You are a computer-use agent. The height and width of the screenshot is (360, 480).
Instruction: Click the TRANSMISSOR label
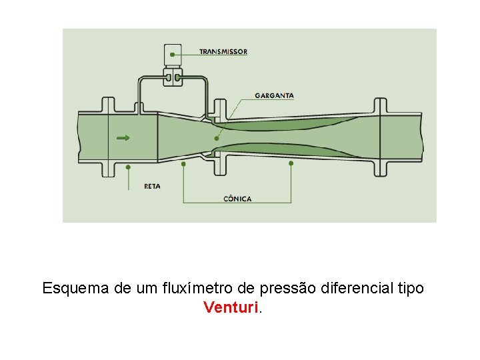223,51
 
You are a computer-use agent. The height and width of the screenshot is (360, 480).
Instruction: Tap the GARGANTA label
274,95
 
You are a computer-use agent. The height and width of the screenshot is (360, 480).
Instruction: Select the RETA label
152,186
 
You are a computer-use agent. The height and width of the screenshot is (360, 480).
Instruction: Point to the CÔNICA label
237,198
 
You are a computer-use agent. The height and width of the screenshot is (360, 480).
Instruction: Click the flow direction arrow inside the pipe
123,138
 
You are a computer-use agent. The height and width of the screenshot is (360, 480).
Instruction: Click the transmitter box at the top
173,53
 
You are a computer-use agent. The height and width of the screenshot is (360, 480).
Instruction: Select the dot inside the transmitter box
173,53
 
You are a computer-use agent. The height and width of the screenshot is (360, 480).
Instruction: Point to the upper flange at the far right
380,106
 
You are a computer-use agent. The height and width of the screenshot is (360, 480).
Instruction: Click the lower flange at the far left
108,169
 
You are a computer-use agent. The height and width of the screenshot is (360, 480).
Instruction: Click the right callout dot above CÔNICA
291,162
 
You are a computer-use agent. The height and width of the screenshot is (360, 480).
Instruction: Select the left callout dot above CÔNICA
183,162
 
